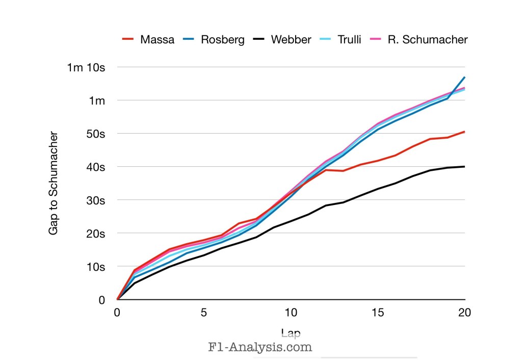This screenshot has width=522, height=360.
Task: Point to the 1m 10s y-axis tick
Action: pos(86,67)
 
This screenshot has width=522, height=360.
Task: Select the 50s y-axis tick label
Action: pos(95,134)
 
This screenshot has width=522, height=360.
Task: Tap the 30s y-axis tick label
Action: pos(95,200)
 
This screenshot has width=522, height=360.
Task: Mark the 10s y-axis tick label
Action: pos(95,267)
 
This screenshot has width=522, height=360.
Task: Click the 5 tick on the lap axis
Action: pos(204,313)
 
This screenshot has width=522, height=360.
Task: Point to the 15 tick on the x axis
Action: pos(378,313)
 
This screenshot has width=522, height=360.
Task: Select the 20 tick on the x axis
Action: pos(464,313)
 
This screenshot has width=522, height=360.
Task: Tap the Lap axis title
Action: pos(291,333)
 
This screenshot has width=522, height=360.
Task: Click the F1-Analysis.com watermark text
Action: pos(260,348)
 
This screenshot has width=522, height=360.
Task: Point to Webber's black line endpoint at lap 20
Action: pos(464,167)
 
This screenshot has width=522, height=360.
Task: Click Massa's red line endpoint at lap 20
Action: pos(464,132)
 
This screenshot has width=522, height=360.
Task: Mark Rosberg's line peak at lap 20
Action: pos(464,78)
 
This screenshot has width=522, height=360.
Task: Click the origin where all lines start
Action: pos(118,300)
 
